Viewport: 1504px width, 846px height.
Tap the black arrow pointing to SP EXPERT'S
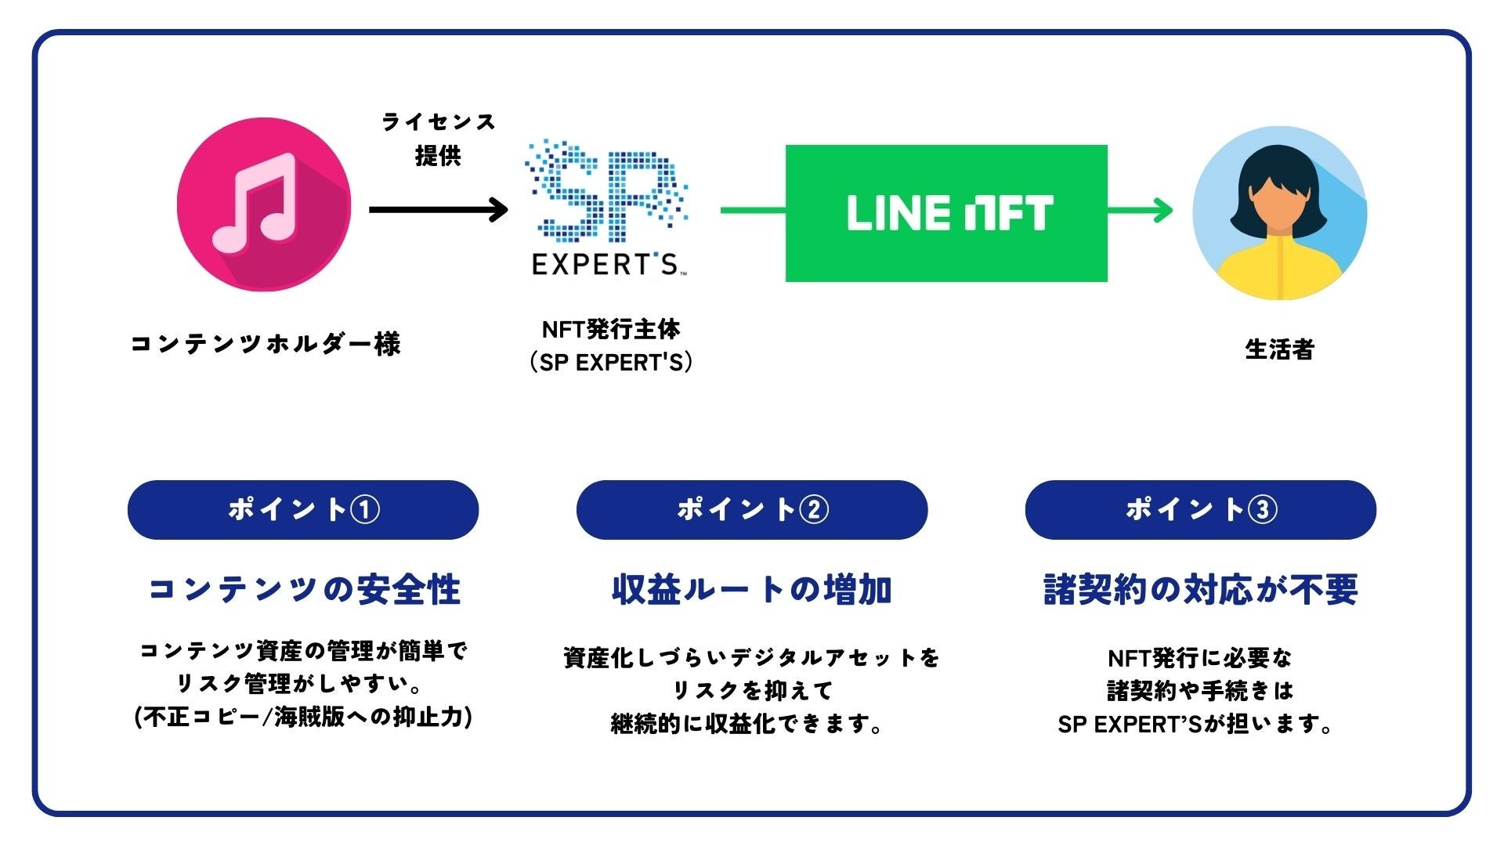(x=438, y=209)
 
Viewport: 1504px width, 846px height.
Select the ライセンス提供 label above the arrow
(x=438, y=139)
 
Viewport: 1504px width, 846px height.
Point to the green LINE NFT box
(x=946, y=213)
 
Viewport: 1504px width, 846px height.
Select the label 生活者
(x=1279, y=349)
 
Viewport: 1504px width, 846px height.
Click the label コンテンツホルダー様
(x=265, y=344)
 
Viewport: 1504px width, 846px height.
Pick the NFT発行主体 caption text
(x=611, y=330)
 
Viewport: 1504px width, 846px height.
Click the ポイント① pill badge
(x=303, y=510)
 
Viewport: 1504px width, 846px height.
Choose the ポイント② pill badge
(x=752, y=510)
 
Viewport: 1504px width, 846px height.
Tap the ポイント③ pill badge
(x=1200, y=510)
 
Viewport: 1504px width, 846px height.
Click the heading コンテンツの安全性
(x=303, y=590)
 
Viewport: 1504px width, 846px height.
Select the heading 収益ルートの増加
(x=752, y=590)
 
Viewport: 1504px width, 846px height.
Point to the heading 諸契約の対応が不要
(x=1200, y=590)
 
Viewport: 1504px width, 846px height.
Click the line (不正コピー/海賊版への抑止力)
(x=303, y=717)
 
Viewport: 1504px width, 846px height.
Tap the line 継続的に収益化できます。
(x=747, y=724)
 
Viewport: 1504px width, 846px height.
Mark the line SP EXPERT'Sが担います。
(x=1195, y=724)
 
